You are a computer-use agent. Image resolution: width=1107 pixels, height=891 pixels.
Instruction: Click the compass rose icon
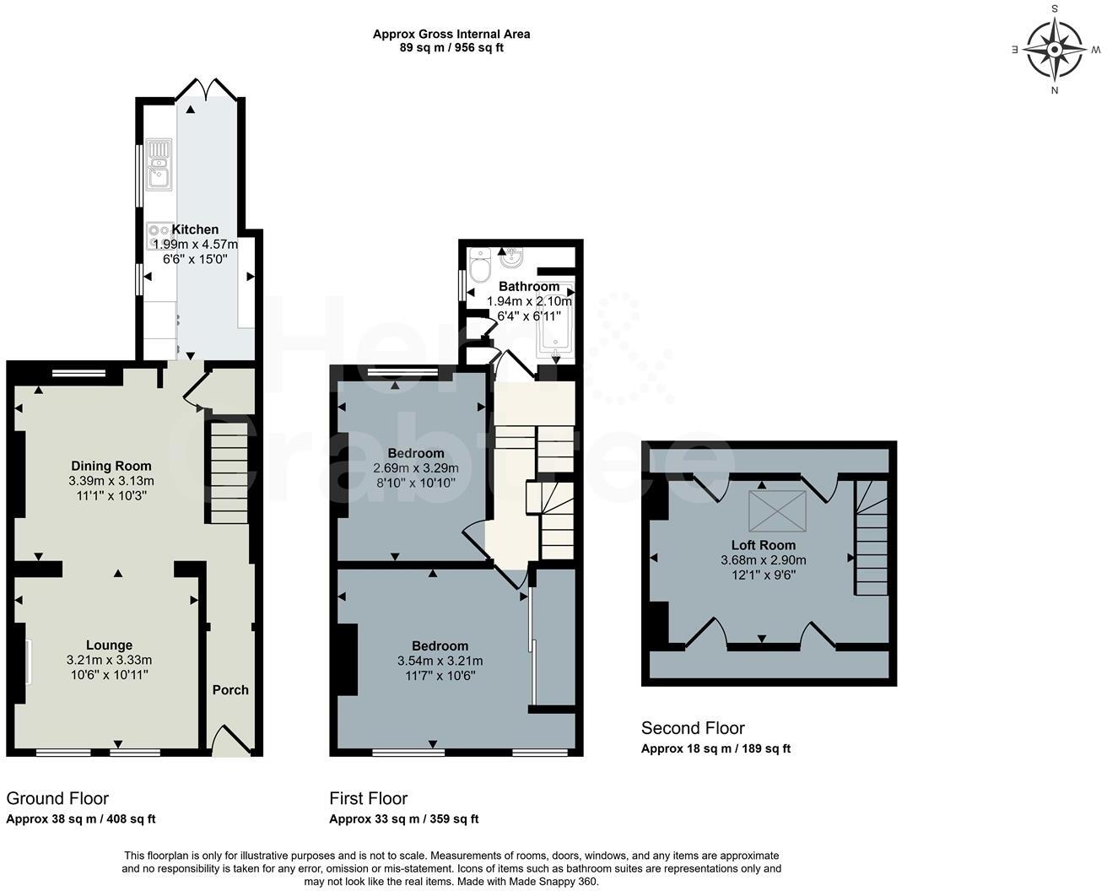click(1055, 49)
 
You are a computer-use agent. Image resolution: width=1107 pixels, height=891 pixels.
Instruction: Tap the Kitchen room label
click(195, 229)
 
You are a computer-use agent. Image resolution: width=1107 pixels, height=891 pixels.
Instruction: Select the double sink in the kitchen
click(158, 165)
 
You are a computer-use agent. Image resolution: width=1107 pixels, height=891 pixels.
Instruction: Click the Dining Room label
click(111, 466)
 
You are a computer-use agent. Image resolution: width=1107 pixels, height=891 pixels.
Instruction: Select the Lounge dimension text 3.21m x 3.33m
click(109, 660)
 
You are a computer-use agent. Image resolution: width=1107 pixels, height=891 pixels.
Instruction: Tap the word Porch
click(230, 689)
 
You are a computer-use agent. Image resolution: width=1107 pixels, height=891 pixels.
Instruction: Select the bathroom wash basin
click(512, 256)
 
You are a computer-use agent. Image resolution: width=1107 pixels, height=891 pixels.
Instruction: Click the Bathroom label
click(529, 286)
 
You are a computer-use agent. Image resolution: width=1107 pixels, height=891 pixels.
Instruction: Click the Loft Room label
click(764, 545)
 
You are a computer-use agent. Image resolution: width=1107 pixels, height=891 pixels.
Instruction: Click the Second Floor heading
click(693, 728)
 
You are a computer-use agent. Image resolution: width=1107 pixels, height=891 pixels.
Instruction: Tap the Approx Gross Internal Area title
click(451, 35)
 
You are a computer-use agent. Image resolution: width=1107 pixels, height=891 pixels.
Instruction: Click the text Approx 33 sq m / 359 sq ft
click(403, 818)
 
